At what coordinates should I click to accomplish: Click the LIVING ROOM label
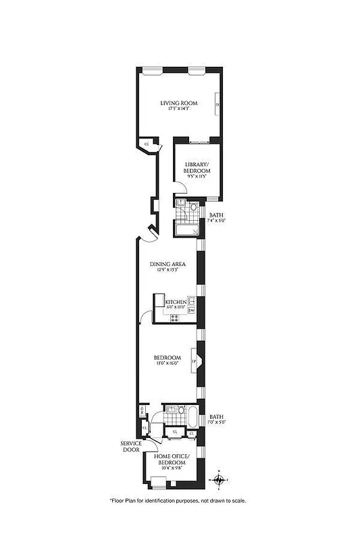[179, 103]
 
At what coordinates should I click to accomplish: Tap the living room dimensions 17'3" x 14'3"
[179, 109]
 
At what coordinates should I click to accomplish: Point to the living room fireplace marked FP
[216, 105]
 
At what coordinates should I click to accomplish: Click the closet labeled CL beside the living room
[147, 143]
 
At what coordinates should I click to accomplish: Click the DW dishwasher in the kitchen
[191, 310]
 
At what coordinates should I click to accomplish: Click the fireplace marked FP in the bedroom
[194, 361]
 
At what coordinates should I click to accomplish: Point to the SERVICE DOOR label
[131, 447]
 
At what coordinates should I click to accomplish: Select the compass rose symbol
[219, 480]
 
